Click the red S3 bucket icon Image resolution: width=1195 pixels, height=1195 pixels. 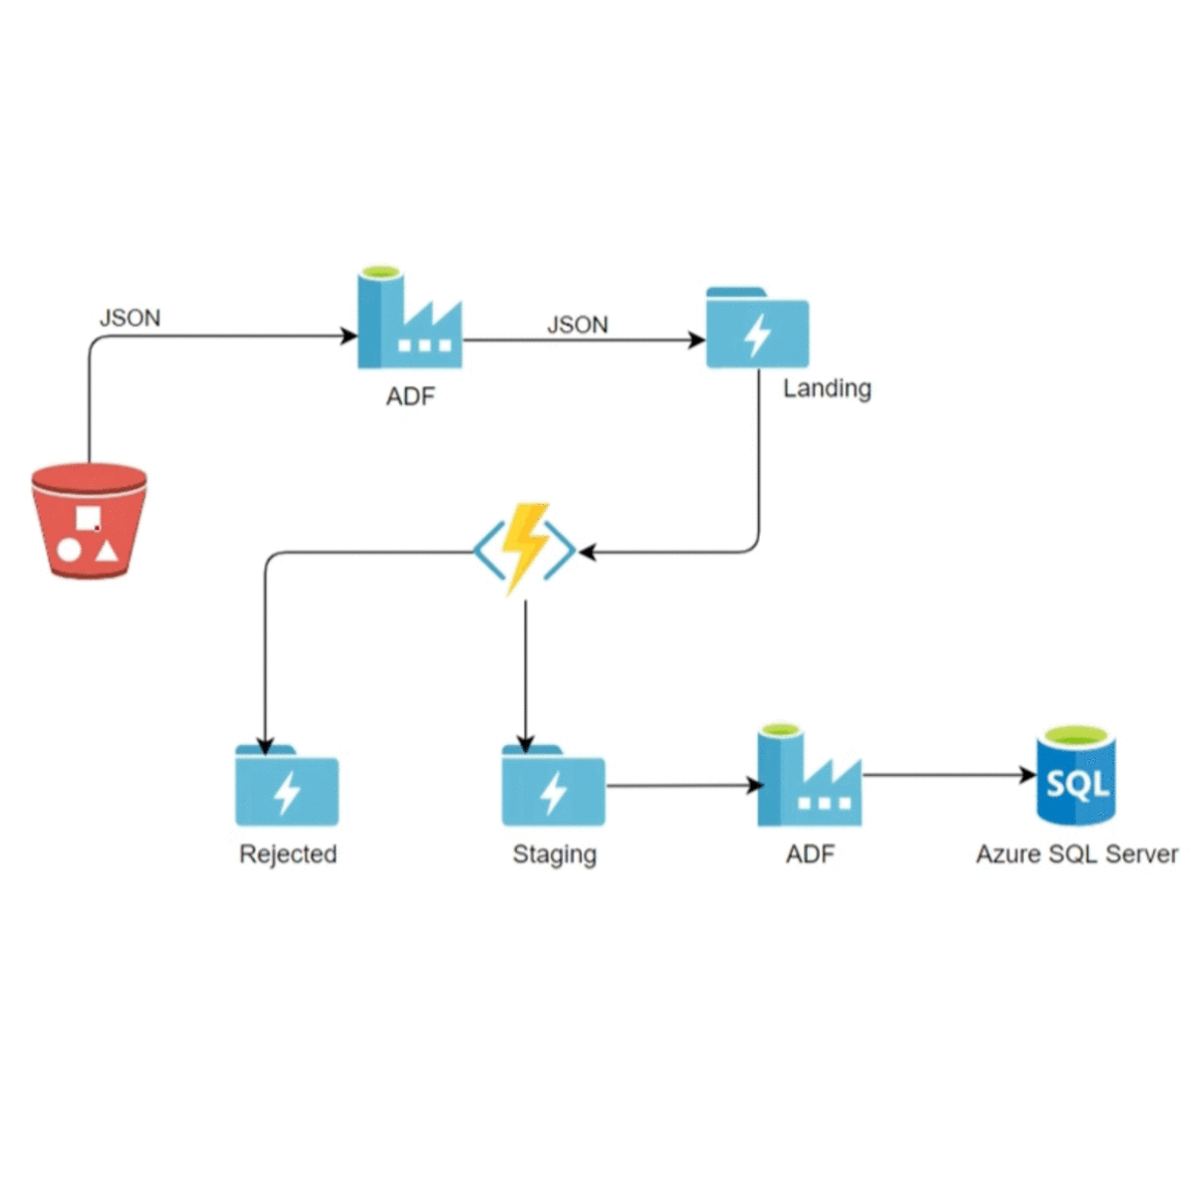tap(89, 521)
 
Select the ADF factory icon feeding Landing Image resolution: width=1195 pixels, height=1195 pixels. tap(409, 319)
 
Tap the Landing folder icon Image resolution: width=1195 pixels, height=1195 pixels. tap(757, 329)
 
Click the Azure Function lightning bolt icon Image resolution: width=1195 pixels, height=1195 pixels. tap(525, 549)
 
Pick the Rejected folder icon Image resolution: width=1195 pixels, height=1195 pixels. tap(287, 787)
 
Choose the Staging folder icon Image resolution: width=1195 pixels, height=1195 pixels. tap(553, 787)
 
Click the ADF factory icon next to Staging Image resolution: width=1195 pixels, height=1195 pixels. tap(809, 776)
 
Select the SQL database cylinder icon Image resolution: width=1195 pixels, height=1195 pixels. tap(1076, 776)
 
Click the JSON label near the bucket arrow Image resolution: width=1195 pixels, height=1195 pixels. tap(129, 318)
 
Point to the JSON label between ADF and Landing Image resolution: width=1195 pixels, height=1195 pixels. tap(578, 325)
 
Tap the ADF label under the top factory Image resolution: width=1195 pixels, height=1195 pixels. tap(410, 396)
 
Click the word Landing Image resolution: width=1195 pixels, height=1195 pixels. tap(827, 388)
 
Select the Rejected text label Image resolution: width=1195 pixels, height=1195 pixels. tap(288, 854)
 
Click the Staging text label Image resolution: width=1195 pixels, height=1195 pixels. tap(554, 855)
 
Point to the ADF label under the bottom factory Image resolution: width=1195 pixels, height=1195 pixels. tap(810, 854)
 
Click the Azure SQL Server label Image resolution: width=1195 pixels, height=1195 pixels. tap(1076, 854)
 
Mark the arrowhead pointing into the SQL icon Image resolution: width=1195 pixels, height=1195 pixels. tap(1029, 775)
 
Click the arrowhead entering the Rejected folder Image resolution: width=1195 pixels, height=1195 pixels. tap(265, 746)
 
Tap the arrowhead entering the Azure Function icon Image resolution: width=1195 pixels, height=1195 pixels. tap(587, 552)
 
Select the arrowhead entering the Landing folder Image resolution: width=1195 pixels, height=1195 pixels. tap(697, 341)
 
